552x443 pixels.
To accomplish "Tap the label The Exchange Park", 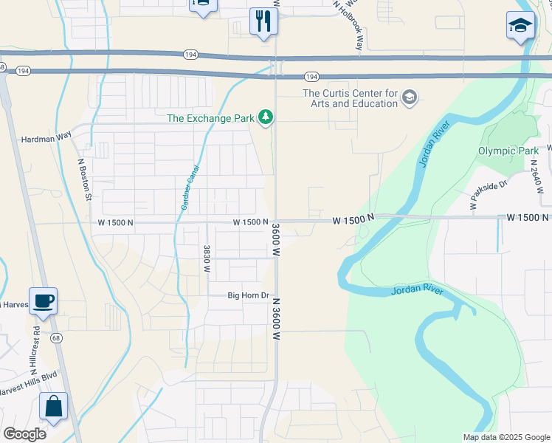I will click(x=210, y=118).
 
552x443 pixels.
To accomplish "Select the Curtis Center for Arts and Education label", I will click(x=350, y=98).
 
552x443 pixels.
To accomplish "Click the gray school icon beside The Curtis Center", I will click(x=410, y=97).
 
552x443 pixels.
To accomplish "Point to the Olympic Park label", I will click(x=507, y=151).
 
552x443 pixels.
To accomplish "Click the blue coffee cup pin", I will click(x=43, y=301).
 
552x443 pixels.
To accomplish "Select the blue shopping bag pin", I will click(x=54, y=406).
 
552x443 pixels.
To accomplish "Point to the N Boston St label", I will click(x=83, y=179).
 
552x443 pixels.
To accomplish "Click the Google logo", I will click(x=24, y=433).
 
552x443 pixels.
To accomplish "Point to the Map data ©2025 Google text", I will click(x=506, y=437).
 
